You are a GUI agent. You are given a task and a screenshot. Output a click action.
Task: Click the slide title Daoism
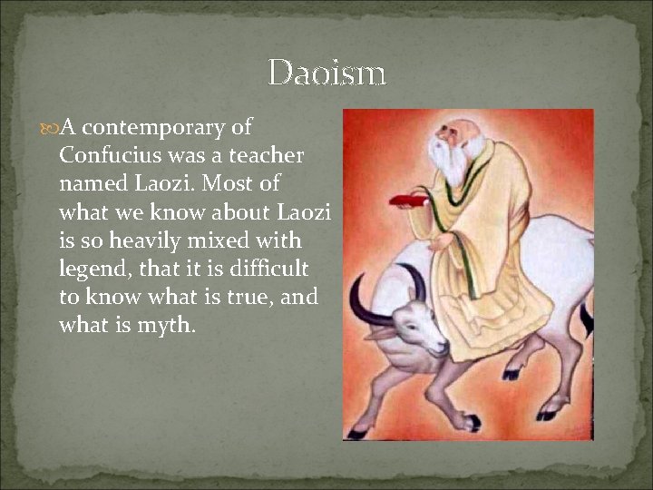click(x=327, y=73)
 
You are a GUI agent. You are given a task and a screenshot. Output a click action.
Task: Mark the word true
click(x=245, y=298)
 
